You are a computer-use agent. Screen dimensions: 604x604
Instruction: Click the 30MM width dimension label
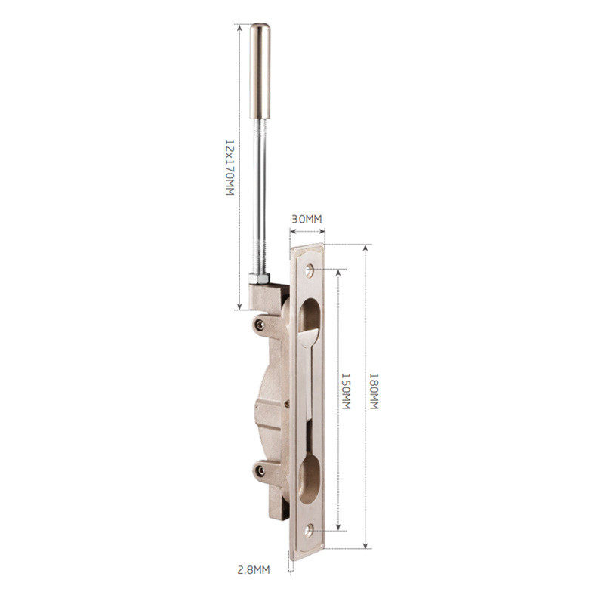click(x=307, y=219)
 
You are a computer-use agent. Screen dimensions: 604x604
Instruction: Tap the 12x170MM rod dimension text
click(x=230, y=167)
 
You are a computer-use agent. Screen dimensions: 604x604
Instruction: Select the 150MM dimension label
click(x=346, y=391)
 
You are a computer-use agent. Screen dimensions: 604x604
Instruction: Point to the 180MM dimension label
click(x=374, y=391)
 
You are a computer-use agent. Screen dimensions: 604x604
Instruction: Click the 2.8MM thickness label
click(x=253, y=570)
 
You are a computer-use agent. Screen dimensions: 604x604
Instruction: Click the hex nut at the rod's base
click(x=259, y=278)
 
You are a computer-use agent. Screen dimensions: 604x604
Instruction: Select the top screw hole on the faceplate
click(x=310, y=270)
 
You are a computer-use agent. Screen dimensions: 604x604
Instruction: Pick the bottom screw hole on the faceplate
click(x=309, y=531)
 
